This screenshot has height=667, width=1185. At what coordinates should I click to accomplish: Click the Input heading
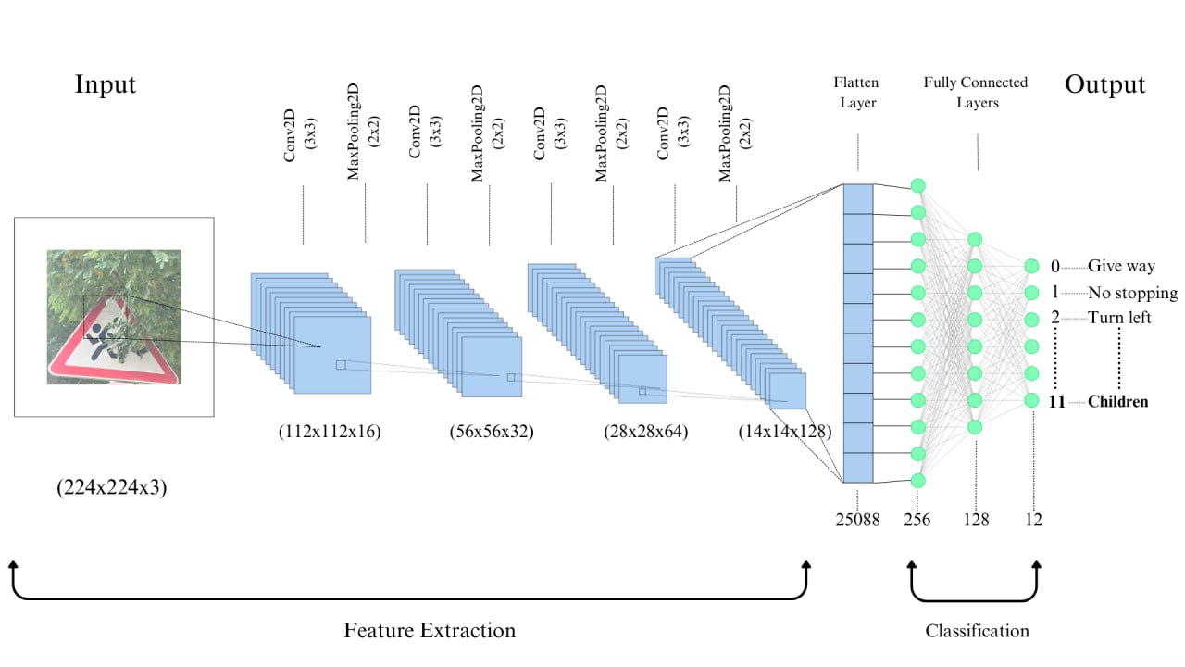[106, 84]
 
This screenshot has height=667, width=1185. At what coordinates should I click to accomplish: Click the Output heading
[1104, 84]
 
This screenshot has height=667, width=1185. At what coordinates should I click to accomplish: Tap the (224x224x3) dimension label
[111, 487]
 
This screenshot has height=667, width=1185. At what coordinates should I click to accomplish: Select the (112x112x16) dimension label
[329, 432]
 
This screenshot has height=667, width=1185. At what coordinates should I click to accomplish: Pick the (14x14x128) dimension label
[785, 432]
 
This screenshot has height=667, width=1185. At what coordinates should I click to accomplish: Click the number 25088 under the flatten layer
[857, 520]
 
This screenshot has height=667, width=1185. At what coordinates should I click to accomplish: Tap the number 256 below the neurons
[917, 520]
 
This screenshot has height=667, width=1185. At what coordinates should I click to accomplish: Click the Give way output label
[1121, 266]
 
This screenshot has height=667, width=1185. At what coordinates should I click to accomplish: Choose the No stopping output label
[1132, 293]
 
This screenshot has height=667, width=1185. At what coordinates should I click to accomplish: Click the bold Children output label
[1118, 402]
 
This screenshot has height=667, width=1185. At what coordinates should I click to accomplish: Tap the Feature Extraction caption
[430, 631]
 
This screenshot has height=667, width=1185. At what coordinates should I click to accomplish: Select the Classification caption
[977, 631]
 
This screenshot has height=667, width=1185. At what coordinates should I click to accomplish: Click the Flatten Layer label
[857, 93]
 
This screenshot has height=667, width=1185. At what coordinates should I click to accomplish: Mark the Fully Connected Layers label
[976, 93]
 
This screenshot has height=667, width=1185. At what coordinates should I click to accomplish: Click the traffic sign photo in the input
[114, 317]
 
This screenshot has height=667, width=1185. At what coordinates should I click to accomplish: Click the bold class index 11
[1057, 402]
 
